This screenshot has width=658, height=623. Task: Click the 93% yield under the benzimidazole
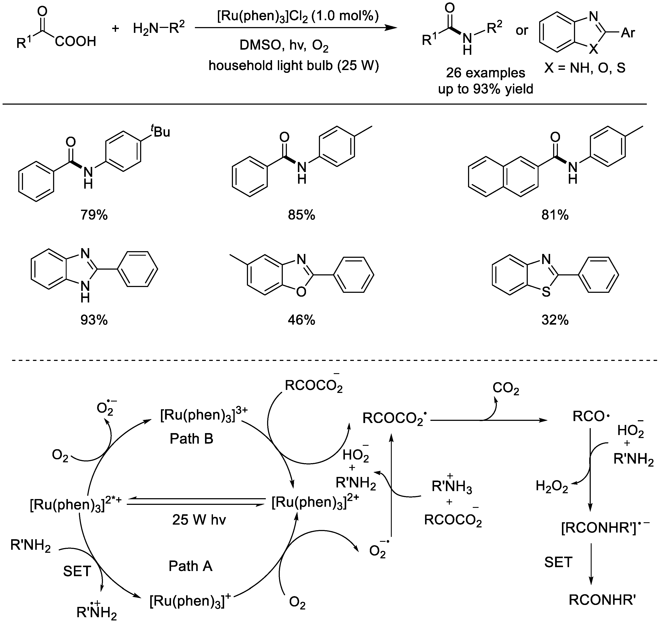94,320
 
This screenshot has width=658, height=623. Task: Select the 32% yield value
555,320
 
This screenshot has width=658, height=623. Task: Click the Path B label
191,439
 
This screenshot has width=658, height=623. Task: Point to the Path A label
190,566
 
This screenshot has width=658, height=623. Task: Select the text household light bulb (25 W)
294,66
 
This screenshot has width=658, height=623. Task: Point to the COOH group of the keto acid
76,41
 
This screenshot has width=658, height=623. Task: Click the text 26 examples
485,73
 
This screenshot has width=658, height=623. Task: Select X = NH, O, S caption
585,68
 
